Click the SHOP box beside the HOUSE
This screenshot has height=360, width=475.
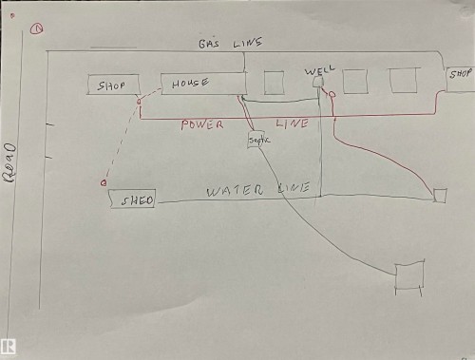coord(112,85)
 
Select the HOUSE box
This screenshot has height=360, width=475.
coord(201,84)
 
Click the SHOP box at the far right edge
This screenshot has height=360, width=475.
coord(461,74)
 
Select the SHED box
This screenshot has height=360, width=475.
coord(132,199)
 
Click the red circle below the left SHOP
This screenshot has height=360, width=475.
coord(139,101)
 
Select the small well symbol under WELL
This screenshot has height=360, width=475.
coord(318,85)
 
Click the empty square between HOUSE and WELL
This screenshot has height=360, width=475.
coord(274,82)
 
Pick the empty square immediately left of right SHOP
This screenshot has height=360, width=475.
coord(403,80)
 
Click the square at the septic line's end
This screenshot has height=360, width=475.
coord(409,275)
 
